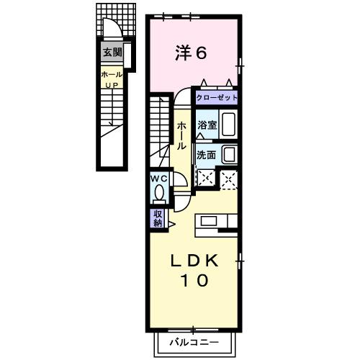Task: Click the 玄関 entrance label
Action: (x=112, y=52)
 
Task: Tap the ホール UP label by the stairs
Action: (x=112, y=78)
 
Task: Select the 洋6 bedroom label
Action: (x=191, y=53)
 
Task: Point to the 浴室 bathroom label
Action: (x=207, y=123)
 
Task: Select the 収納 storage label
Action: (x=158, y=218)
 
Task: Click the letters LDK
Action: (x=194, y=260)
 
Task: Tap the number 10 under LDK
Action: (x=194, y=281)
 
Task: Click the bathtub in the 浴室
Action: (x=227, y=124)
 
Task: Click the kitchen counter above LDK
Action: (x=215, y=221)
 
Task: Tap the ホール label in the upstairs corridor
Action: (x=181, y=135)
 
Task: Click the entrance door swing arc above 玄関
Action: (x=112, y=29)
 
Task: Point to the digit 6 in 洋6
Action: (x=201, y=53)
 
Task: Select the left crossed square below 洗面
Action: (x=206, y=178)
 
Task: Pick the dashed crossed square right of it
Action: (x=230, y=178)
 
